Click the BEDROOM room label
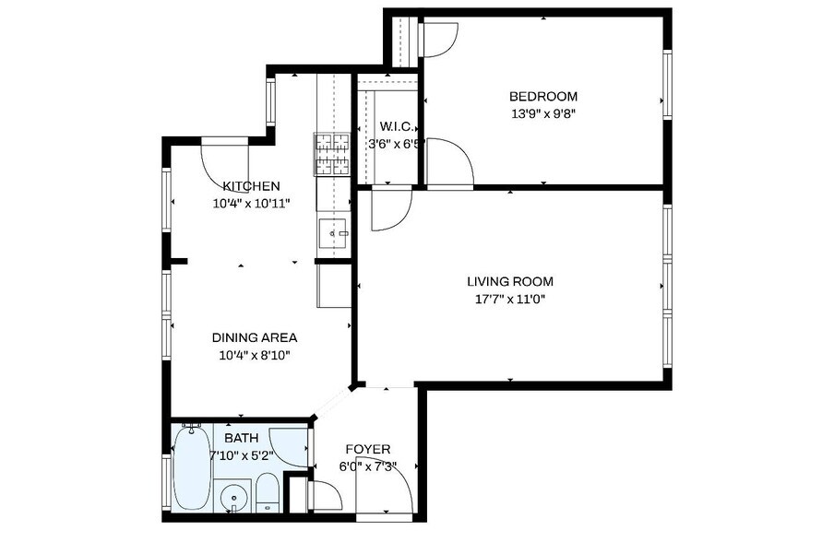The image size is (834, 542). coord(543,97)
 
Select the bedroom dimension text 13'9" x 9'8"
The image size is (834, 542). coord(543,114)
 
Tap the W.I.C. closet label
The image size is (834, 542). coord(396,127)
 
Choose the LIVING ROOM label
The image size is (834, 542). coord(509,282)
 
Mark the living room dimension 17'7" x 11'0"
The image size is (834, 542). coord(509,299)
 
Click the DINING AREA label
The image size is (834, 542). coord(255,337)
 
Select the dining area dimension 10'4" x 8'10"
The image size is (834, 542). coord(255,355)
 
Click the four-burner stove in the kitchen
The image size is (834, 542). coord(333,155)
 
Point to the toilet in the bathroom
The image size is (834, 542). coord(267,492)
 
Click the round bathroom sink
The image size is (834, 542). coord(234,499)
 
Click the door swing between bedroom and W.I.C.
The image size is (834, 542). coord(448,163)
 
